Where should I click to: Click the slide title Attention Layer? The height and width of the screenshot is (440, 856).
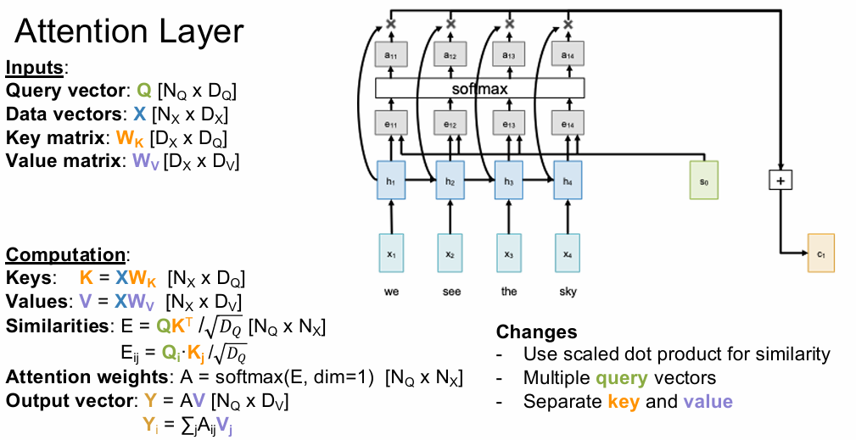click(x=130, y=32)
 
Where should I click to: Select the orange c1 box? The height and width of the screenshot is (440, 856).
click(x=820, y=253)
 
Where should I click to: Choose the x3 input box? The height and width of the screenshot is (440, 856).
click(x=508, y=253)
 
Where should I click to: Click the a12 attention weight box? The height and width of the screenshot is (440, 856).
click(x=450, y=54)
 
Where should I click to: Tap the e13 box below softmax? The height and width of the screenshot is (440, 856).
click(x=508, y=124)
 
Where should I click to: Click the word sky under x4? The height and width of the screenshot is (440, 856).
click(x=568, y=291)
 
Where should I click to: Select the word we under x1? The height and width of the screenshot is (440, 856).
click(x=390, y=291)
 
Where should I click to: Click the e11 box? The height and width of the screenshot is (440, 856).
click(x=390, y=124)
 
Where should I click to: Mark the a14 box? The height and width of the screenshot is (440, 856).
click(x=568, y=54)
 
